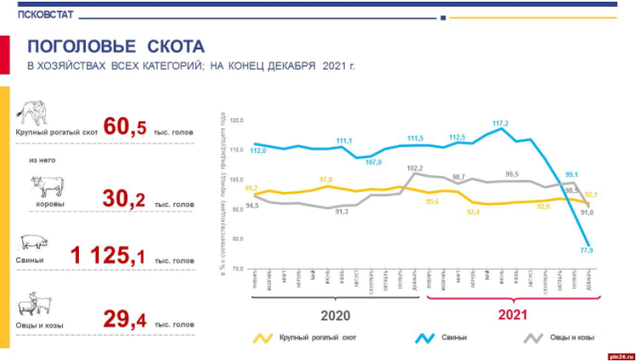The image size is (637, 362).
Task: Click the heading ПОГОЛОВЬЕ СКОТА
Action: click(x=116, y=46)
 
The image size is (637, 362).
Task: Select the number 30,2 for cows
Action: click(x=126, y=201)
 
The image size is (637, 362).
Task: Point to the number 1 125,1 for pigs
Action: click(x=110, y=254)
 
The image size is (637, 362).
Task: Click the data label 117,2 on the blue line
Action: click(x=500, y=124)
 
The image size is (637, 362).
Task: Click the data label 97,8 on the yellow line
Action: click(x=327, y=179)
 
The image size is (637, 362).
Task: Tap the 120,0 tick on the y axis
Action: click(x=236, y=122)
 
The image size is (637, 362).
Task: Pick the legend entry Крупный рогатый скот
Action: click(x=314, y=339)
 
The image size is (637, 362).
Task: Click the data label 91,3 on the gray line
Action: click(x=341, y=211)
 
